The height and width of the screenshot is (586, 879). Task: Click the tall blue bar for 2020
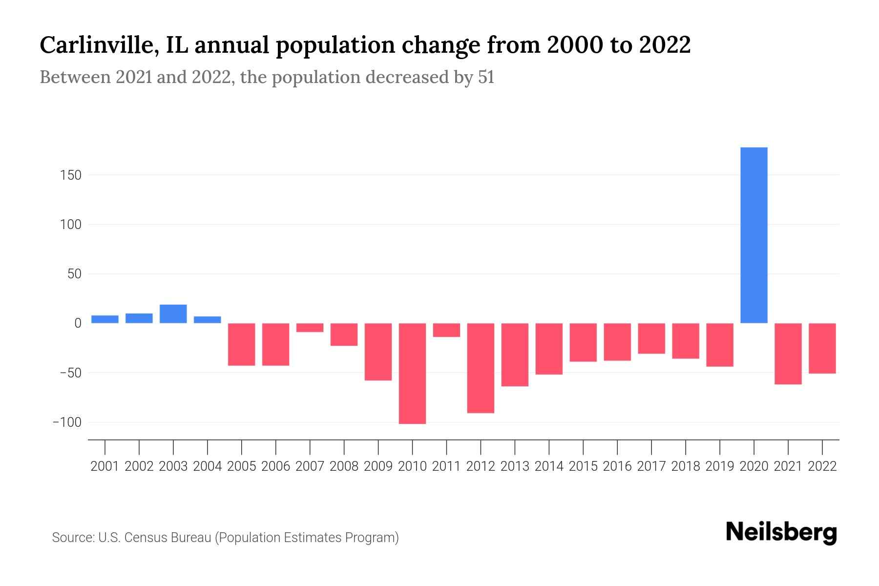tap(753, 235)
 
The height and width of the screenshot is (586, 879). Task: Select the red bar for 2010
tap(412, 373)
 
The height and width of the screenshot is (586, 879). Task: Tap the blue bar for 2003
tap(173, 314)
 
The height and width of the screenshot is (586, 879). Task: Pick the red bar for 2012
tap(481, 368)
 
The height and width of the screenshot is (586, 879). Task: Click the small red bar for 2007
tap(310, 328)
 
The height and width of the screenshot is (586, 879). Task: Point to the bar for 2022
tap(822, 348)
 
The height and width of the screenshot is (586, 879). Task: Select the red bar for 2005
tap(242, 344)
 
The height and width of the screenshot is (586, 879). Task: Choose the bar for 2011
tap(446, 330)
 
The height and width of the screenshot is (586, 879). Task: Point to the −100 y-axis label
tap(67, 422)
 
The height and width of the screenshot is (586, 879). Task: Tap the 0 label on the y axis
tap(78, 323)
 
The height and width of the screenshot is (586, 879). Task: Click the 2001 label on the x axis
tap(105, 466)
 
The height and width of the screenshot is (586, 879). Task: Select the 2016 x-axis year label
tap(617, 466)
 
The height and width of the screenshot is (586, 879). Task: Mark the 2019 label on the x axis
tap(720, 466)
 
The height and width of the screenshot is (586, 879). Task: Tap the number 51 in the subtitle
tap(486, 77)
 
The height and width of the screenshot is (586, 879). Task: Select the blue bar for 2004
tap(208, 320)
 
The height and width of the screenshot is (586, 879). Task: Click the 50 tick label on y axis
tap(75, 274)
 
